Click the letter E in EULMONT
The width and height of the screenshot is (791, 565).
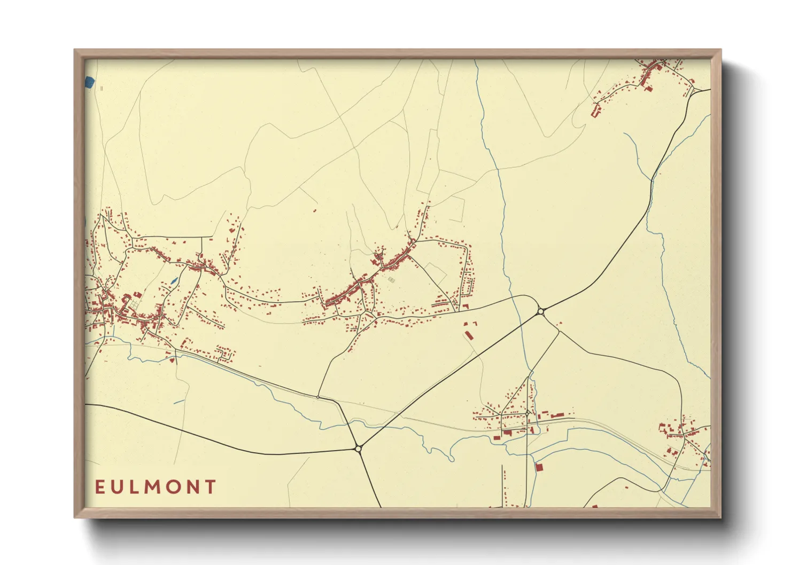coord(100,487)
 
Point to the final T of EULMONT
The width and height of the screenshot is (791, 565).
coord(211,487)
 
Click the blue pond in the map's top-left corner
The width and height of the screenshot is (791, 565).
coord(89,82)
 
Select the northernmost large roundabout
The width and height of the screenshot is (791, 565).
coord(541,311)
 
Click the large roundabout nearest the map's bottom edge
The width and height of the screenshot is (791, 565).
coord(358,449)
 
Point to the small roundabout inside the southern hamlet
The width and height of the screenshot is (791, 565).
coord(527,413)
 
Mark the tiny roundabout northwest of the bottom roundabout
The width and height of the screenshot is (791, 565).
coord(318,397)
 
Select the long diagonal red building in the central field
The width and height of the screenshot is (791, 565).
coord(469,335)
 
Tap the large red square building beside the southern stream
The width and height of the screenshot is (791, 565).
coord(539,467)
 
